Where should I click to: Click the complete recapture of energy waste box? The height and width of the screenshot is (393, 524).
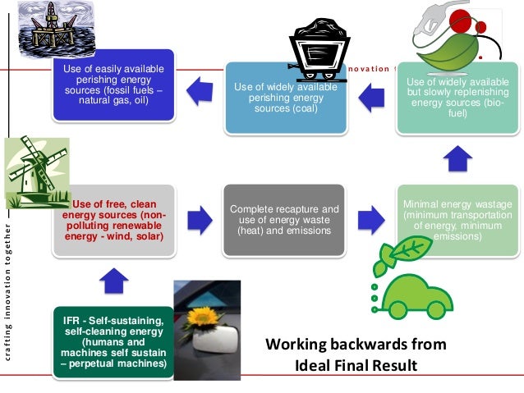click(284, 219)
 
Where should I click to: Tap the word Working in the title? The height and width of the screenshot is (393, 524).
click(300, 344)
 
